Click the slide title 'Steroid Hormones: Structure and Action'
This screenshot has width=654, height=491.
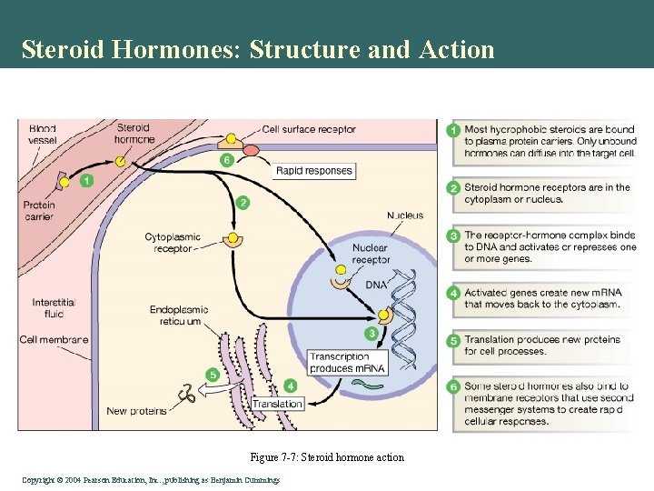pyautogui.click(x=258, y=49)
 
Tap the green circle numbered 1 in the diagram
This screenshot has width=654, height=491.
pyautogui.click(x=86, y=180)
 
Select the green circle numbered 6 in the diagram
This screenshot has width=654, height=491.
pyautogui.click(x=227, y=160)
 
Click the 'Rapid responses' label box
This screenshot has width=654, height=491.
pyautogui.click(x=313, y=170)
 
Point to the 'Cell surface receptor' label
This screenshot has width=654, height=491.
pyautogui.click(x=309, y=129)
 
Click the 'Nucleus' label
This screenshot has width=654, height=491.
pyautogui.click(x=404, y=215)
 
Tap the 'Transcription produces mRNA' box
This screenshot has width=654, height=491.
pyautogui.click(x=347, y=362)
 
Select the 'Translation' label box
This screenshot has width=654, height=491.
pyautogui.click(x=277, y=404)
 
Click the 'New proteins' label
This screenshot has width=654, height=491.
pyautogui.click(x=136, y=411)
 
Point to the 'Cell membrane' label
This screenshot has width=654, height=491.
pyautogui.click(x=54, y=340)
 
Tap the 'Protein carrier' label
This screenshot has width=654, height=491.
pyautogui.click(x=41, y=211)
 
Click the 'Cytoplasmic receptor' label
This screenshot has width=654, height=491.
pyautogui.click(x=172, y=243)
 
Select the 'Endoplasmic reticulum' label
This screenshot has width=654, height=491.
pyautogui.click(x=178, y=316)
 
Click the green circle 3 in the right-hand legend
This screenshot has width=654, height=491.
pyautogui.click(x=453, y=235)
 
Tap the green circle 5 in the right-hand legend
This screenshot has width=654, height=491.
pyautogui.click(x=453, y=340)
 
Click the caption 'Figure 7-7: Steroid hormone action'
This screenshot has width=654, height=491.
pyautogui.click(x=327, y=457)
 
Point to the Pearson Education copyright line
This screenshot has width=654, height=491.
pyautogui.click(x=149, y=479)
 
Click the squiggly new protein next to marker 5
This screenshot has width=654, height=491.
pyautogui.click(x=189, y=394)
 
